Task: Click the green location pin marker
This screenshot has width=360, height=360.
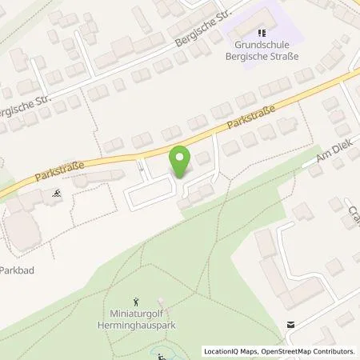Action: tap(182, 162)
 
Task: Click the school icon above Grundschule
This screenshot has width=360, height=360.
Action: tap(255, 34)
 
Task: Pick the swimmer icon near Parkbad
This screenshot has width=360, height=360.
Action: tap(57, 193)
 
